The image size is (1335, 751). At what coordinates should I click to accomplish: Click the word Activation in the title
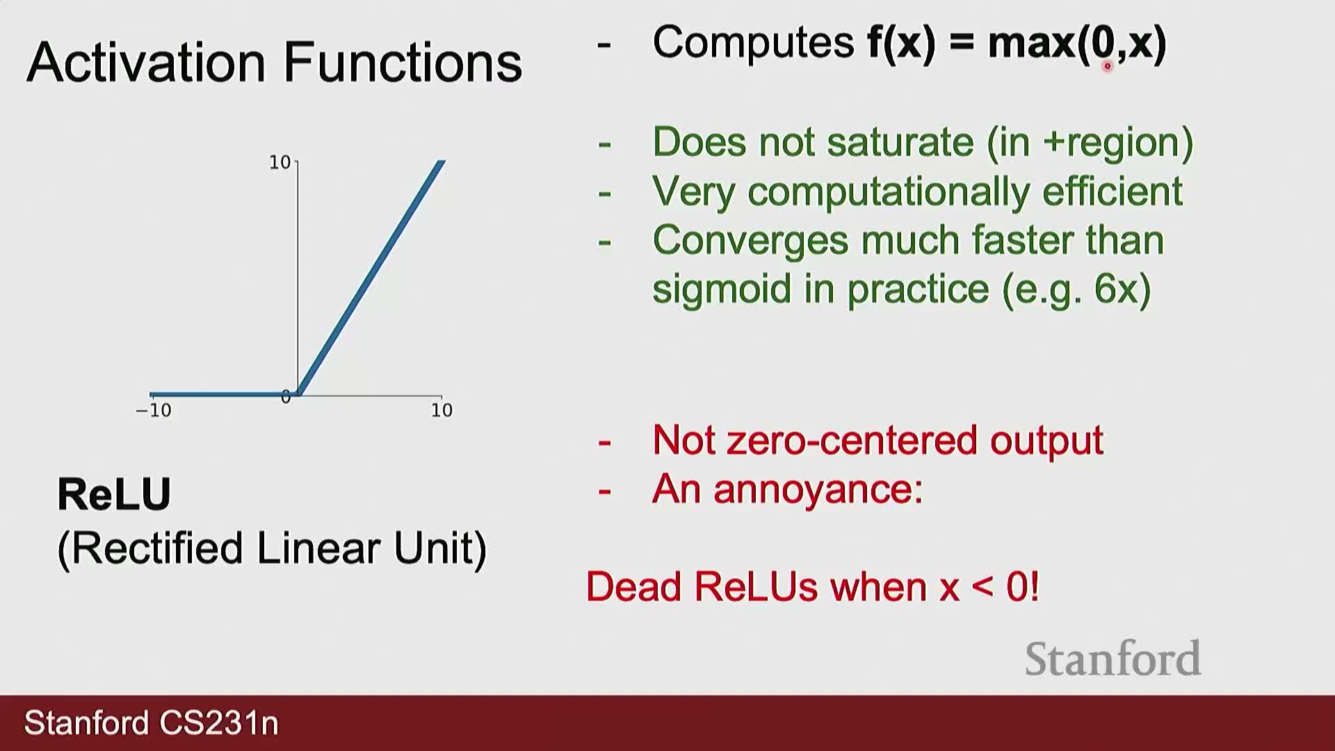(x=147, y=62)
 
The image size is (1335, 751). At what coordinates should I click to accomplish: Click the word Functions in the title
(x=403, y=62)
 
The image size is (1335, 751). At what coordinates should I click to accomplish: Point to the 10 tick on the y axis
(x=280, y=163)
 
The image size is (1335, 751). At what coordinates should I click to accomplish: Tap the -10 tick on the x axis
(x=154, y=410)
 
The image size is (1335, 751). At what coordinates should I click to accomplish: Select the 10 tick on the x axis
(x=442, y=410)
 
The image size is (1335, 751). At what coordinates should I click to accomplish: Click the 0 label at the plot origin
(x=286, y=397)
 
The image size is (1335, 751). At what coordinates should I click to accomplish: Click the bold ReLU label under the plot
(x=114, y=494)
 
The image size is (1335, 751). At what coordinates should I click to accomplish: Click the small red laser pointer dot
(x=1108, y=67)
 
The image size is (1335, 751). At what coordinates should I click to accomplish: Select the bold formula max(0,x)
(x=1077, y=43)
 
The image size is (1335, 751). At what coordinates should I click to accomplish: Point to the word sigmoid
(x=722, y=289)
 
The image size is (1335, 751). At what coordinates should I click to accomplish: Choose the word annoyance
(x=818, y=490)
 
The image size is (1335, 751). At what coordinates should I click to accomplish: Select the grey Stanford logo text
(x=1113, y=659)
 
